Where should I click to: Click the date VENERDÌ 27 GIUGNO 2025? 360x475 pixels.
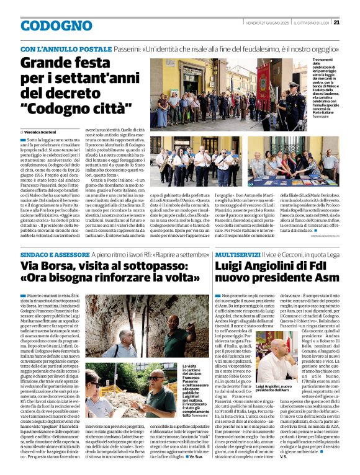coord(260,23)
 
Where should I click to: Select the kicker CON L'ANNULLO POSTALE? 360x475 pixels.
coord(65,48)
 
